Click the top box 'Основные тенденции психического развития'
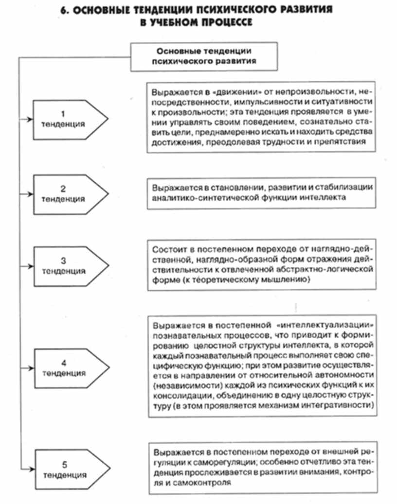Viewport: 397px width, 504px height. tap(205, 56)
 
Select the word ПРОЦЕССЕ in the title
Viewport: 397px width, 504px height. tap(228, 22)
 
